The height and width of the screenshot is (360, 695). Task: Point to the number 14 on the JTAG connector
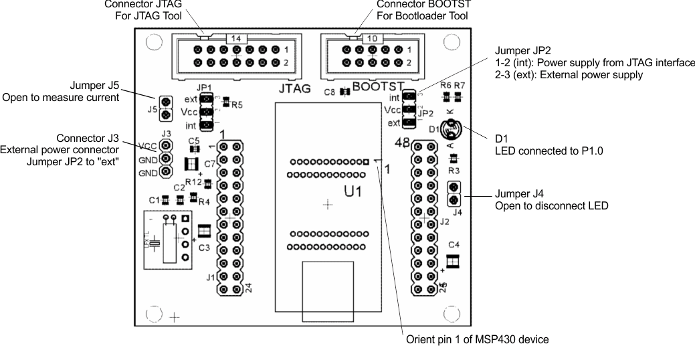pos(235,39)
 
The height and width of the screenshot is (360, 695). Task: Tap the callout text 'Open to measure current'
pos(61,98)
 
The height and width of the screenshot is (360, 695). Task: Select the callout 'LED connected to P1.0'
pos(549,151)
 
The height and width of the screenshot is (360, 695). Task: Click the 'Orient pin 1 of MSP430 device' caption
pos(478,340)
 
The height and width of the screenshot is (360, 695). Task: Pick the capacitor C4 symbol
pos(453,262)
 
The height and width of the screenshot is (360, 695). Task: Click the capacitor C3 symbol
pos(205,230)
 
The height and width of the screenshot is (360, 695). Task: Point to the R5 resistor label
pos(237,104)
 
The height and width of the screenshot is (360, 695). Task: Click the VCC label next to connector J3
pos(148,146)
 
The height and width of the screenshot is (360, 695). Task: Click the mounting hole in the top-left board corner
pos(153,42)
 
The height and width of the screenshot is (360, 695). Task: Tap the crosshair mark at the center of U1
pos(327,204)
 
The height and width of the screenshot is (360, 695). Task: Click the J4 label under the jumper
pos(458,213)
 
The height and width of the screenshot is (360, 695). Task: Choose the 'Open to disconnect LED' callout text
pos(551,206)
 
